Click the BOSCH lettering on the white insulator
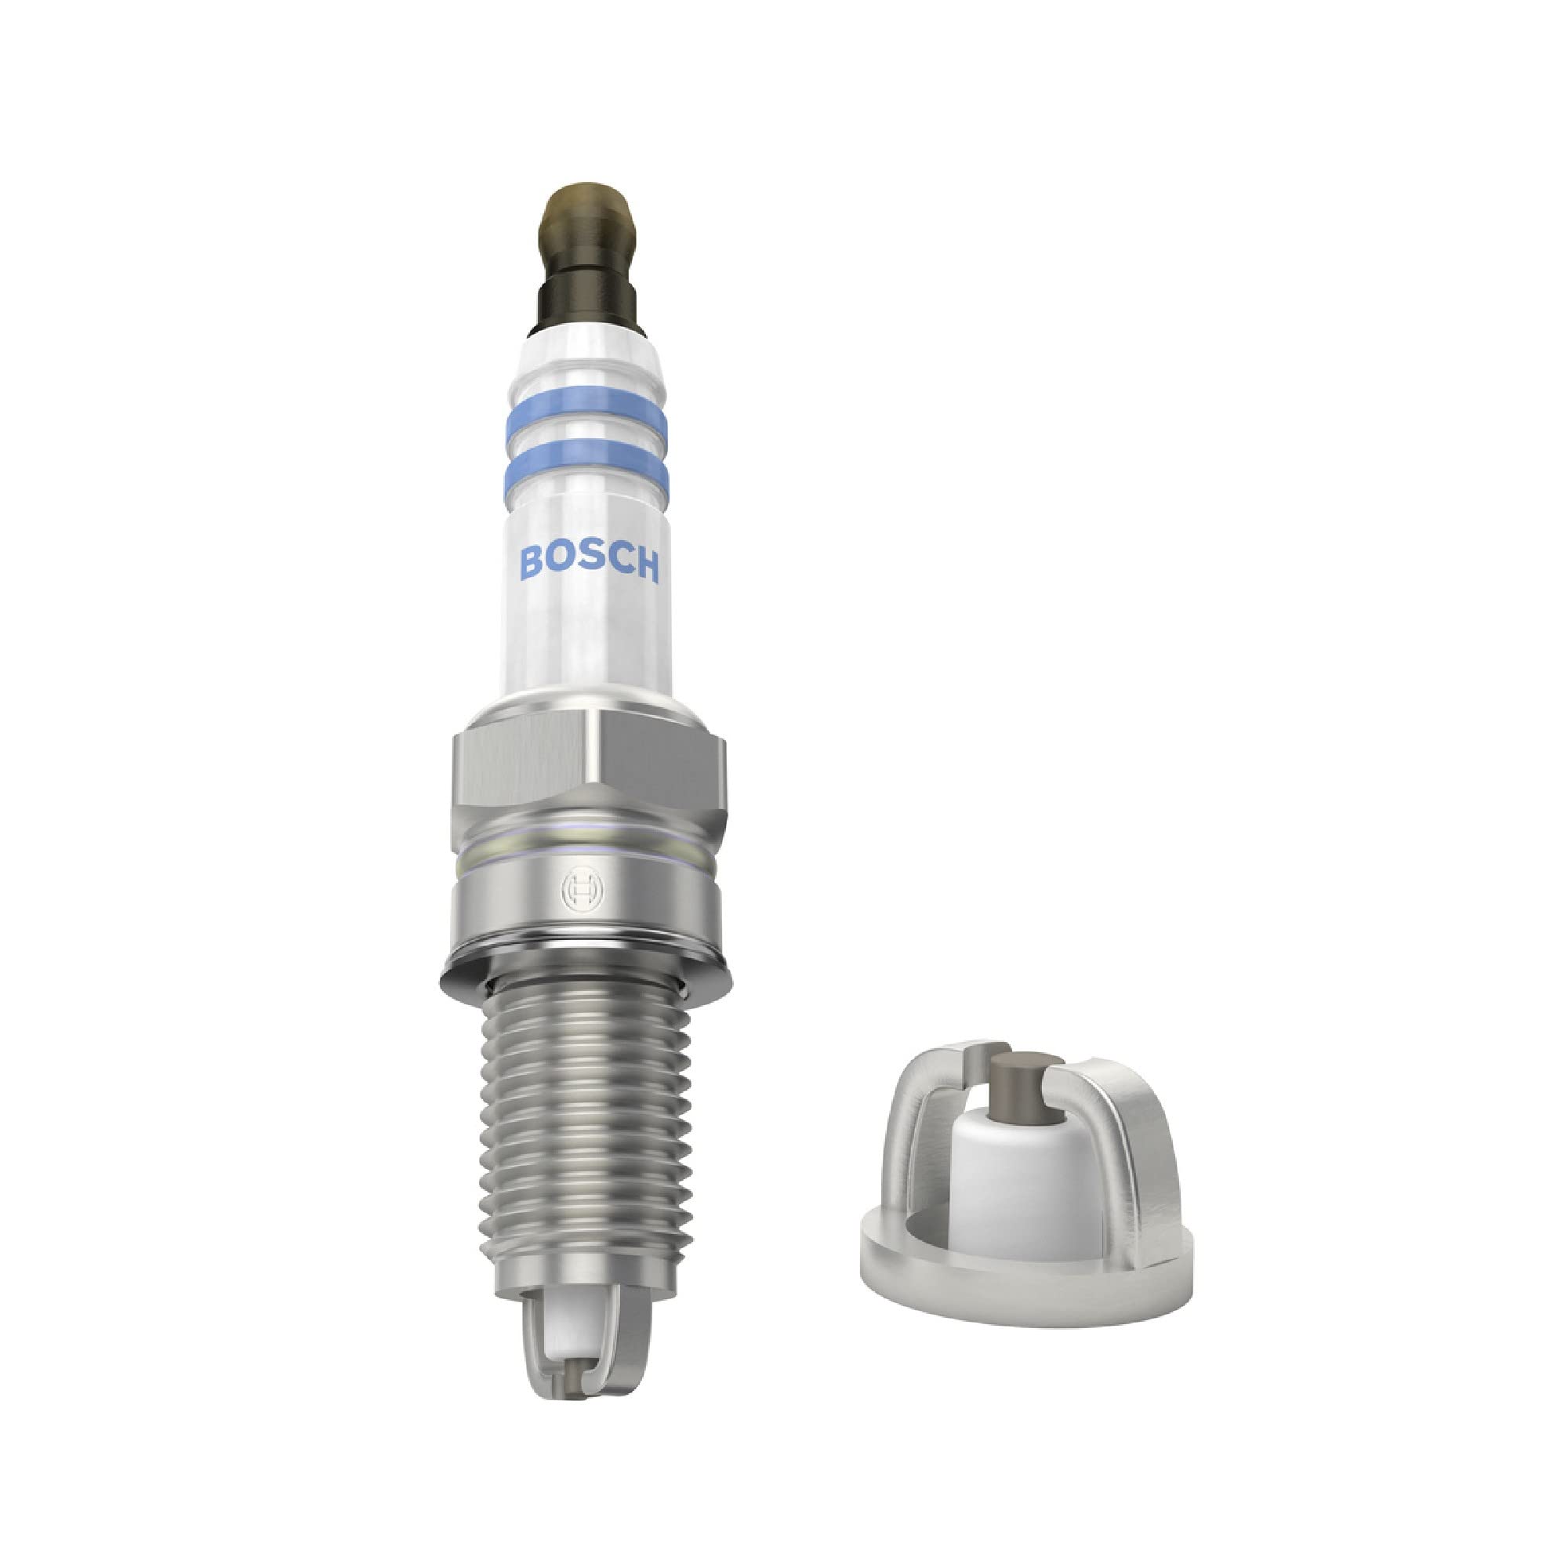coord(589,561)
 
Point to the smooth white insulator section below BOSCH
coord(589,641)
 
